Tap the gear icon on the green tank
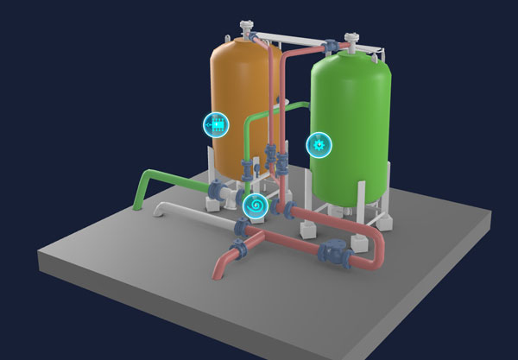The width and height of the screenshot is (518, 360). [319, 145]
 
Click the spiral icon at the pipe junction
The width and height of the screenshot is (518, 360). [255, 205]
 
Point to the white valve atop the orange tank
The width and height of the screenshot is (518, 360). [250, 29]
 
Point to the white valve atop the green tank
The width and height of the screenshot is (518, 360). [352, 40]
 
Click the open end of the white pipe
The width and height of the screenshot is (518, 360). [158, 210]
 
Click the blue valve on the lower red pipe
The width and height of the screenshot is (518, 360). [332, 253]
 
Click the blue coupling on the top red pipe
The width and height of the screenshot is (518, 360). [330, 46]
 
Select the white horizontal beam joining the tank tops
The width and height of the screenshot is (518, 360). [298, 40]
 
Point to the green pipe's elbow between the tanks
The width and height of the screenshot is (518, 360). [251, 120]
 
